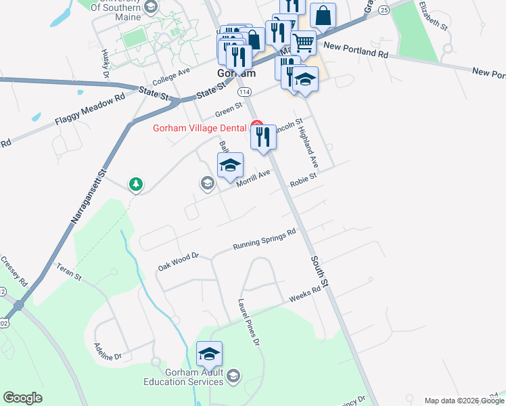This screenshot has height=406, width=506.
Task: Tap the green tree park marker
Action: [x=136, y=183]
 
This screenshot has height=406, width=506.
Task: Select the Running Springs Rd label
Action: [x=264, y=240]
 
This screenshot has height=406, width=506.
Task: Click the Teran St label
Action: [x=68, y=273]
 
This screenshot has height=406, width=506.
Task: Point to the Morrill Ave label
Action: [x=254, y=177]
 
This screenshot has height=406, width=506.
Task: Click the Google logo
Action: [x=23, y=398]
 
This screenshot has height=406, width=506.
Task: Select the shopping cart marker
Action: [x=304, y=43]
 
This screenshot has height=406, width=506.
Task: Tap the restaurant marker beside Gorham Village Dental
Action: [x=263, y=137]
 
